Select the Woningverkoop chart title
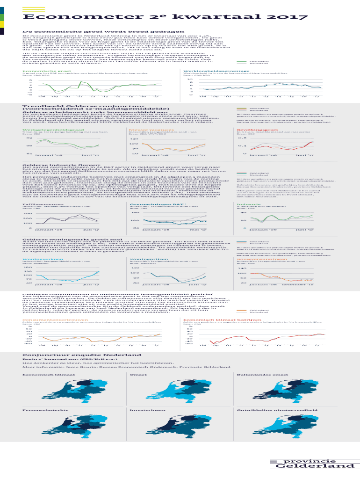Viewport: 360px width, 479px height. click(36, 258)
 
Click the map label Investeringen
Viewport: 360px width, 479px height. click(143, 410)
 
